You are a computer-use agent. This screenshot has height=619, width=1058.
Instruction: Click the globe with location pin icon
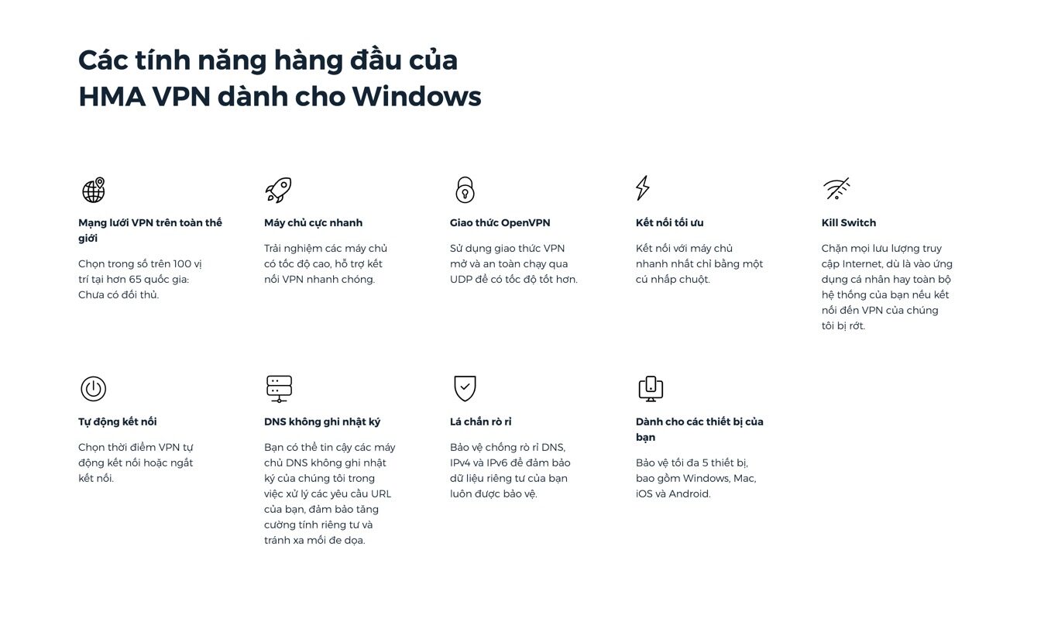(94, 190)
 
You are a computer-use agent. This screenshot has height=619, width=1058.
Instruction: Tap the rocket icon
(278, 190)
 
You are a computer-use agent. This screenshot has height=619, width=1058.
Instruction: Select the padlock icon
(465, 190)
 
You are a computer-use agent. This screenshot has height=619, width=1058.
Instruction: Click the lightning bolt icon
(642, 188)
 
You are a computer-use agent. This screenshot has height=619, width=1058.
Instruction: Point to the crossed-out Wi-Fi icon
(836, 188)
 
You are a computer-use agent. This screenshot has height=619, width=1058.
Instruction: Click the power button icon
(94, 389)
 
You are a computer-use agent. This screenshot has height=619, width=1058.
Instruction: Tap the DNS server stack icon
(279, 389)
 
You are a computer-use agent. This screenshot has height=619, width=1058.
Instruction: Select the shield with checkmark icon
(465, 388)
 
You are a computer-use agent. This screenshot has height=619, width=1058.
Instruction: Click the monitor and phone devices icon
(651, 389)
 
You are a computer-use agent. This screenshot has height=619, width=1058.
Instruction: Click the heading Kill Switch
(848, 222)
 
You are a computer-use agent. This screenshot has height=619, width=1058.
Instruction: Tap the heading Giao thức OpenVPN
(500, 222)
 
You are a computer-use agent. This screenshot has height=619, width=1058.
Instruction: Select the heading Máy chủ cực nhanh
(313, 222)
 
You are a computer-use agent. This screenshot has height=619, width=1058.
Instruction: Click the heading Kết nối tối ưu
(669, 222)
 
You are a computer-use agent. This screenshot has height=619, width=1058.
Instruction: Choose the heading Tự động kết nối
(118, 421)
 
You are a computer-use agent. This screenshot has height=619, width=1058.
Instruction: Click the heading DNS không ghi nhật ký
(322, 421)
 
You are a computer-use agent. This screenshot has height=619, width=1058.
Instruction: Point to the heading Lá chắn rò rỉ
(480, 421)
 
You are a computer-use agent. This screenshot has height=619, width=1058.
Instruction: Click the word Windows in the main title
(417, 96)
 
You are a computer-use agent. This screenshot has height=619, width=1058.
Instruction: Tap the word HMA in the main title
(112, 96)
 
